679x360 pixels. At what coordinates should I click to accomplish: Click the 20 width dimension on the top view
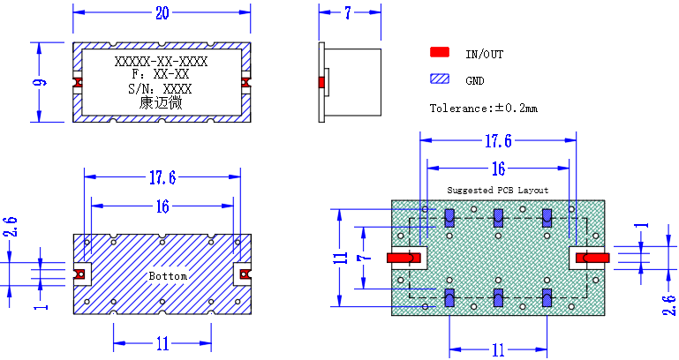[x=162, y=13]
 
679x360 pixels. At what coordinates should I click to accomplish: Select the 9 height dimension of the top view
[x=41, y=82]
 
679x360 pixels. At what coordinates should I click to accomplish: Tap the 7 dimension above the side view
[x=348, y=13]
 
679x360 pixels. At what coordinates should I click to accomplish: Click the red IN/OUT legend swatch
[x=440, y=52]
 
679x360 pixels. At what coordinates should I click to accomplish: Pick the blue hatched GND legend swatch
[x=440, y=79]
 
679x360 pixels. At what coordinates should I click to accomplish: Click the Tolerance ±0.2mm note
[x=484, y=108]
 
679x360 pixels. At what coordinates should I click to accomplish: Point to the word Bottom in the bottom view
[x=168, y=276]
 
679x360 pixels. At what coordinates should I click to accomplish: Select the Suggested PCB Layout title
[x=498, y=190]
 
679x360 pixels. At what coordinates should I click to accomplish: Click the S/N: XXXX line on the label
[x=160, y=89]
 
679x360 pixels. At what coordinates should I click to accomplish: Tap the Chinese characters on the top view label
[x=161, y=103]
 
